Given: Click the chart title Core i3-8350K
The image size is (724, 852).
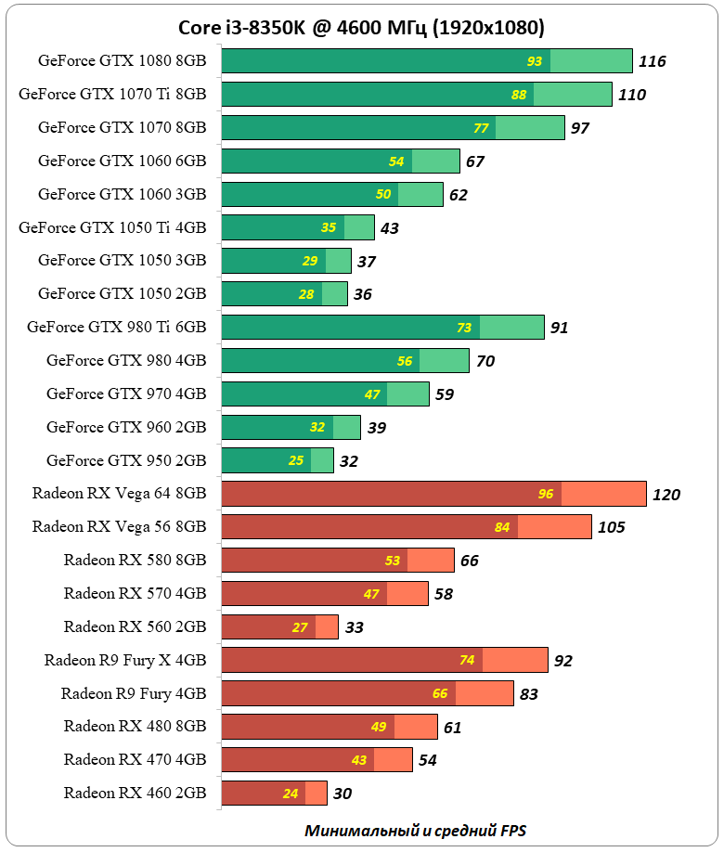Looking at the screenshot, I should (362, 26).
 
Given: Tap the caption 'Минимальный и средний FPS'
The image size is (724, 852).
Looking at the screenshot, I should (421, 830).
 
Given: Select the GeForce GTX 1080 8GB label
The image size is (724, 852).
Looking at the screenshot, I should (122, 61).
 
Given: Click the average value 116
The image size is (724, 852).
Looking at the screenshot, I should (653, 61).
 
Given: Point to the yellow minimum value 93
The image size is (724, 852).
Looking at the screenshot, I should (535, 61).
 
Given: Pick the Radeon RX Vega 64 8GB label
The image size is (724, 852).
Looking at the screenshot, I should (119, 494).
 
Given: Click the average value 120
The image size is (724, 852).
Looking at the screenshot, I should (666, 495).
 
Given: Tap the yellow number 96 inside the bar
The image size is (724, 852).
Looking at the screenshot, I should (546, 494).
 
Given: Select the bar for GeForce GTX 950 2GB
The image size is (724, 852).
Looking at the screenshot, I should (278, 460).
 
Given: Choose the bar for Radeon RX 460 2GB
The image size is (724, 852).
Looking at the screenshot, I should (275, 794).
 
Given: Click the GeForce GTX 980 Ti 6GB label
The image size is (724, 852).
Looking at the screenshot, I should (116, 328).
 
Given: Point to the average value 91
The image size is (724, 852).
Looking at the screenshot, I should (559, 328).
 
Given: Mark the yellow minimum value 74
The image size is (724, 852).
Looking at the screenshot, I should (467, 660).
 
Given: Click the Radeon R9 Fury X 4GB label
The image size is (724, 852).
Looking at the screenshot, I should (125, 660).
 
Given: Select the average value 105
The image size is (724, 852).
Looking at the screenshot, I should (612, 528).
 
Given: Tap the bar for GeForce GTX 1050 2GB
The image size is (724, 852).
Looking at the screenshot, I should (285, 294).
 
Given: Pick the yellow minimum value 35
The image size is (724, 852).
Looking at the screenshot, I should (329, 227).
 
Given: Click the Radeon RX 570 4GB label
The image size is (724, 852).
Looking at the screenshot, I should (135, 593).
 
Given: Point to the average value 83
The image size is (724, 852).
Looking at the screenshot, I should (528, 693).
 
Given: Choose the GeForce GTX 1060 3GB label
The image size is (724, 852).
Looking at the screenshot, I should (122, 194).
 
